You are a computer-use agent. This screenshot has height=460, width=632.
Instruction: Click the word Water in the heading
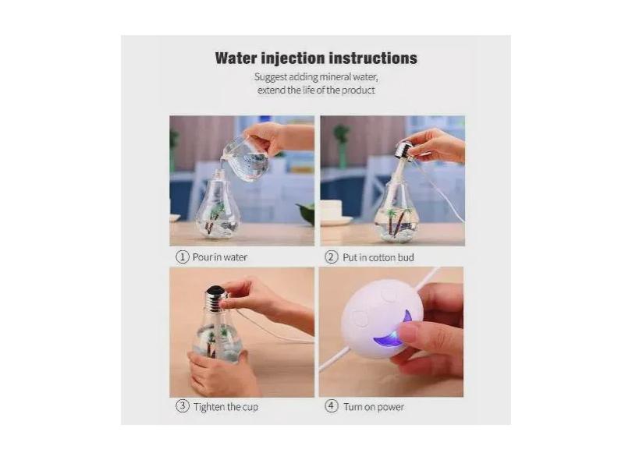(236, 58)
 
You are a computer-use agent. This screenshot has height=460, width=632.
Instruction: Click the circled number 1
(182, 257)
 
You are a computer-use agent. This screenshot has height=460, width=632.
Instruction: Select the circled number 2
(332, 257)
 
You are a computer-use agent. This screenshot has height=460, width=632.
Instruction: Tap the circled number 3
(182, 406)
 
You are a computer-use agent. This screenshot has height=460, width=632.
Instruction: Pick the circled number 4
(332, 406)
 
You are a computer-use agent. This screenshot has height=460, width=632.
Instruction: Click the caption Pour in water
(220, 257)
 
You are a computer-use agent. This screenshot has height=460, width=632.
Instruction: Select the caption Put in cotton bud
(378, 257)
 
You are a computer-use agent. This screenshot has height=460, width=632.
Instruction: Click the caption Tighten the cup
(225, 407)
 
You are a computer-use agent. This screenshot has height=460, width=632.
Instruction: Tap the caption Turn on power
(374, 407)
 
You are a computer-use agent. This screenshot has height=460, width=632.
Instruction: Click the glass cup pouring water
(246, 160)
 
